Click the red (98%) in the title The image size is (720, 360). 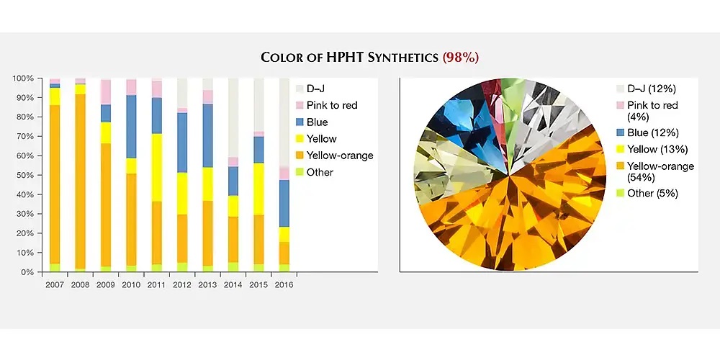click(x=461, y=58)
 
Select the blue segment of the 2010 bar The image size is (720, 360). click(x=131, y=127)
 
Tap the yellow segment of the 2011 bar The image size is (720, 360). click(x=156, y=168)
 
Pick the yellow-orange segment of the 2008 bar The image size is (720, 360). click(x=81, y=181)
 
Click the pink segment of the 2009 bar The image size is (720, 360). click(x=106, y=92)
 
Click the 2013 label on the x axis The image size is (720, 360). click(x=207, y=284)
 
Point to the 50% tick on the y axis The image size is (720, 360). click(x=39, y=175)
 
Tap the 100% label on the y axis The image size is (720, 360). click(x=23, y=78)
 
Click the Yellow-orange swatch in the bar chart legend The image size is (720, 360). click(x=300, y=156)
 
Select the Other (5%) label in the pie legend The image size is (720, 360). click(x=652, y=193)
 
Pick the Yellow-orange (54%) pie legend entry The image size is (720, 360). click(x=654, y=172)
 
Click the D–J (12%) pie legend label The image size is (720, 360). click(x=652, y=89)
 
